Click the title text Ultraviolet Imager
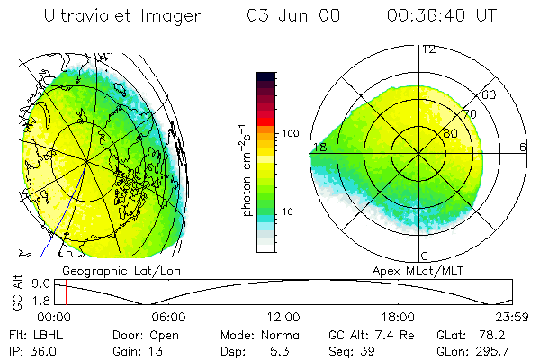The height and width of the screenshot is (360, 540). coord(122,15)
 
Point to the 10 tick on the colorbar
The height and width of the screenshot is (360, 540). coord(287,211)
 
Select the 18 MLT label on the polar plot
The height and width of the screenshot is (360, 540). coord(319,147)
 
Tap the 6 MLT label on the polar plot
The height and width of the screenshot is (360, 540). coord(522,147)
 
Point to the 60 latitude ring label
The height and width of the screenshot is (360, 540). coord(490,94)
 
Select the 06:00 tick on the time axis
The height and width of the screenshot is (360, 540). coord(168,317)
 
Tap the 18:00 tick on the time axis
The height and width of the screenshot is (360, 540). coord(398,317)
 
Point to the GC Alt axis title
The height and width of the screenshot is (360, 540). coord(15,292)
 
